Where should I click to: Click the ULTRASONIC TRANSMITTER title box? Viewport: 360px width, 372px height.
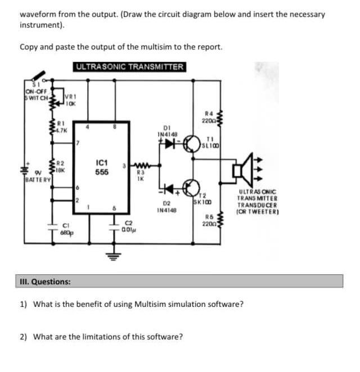tap(130, 67)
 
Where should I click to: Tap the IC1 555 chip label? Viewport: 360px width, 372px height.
tap(101, 167)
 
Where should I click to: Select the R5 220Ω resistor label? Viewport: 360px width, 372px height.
tap(210, 219)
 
